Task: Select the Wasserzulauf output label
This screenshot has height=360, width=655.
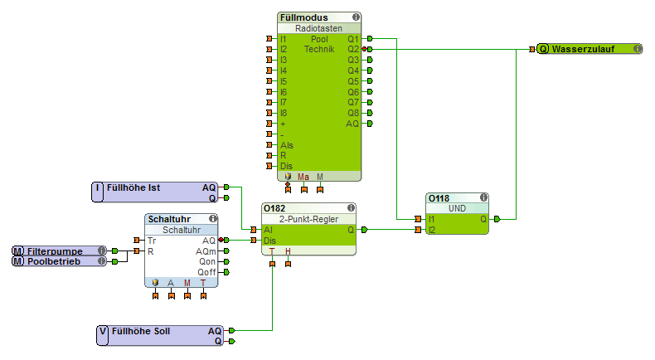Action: point(581,49)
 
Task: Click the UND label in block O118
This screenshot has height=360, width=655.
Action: point(457,209)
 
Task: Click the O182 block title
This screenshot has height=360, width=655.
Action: point(274,207)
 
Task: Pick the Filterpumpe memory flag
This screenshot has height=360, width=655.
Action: point(56,251)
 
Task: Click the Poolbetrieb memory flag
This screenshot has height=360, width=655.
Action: point(56,261)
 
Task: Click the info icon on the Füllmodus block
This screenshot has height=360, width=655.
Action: point(356,17)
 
